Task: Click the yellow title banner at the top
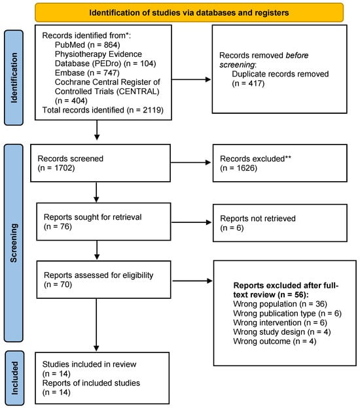(189, 12)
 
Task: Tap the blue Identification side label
(14, 78)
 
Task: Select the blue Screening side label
(14, 243)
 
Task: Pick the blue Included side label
(14, 378)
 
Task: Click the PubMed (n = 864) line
(88, 44)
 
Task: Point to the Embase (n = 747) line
(87, 73)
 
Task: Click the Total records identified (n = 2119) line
(103, 110)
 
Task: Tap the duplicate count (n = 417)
(248, 83)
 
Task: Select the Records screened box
(101, 163)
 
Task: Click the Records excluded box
(280, 163)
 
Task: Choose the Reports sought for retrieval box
(103, 222)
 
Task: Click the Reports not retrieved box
(280, 223)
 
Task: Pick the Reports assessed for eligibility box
(103, 279)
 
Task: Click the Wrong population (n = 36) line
(280, 304)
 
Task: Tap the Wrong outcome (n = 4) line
(275, 341)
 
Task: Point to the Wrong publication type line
(287, 313)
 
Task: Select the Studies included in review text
(89, 364)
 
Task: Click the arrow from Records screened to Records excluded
(190, 163)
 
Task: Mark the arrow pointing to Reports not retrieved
(191, 222)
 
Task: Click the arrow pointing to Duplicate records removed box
(191, 79)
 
